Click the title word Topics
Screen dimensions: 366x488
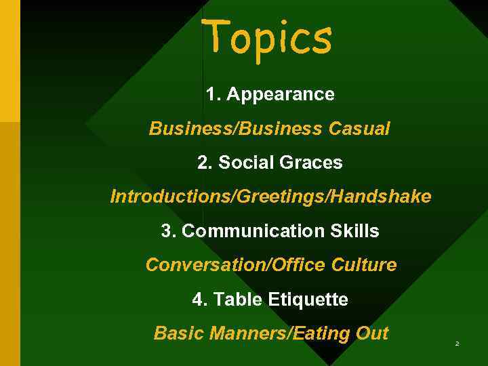(x=269, y=38)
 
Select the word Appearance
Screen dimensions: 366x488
(x=280, y=94)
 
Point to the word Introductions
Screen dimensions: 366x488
(x=170, y=197)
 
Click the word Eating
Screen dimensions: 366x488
(x=325, y=333)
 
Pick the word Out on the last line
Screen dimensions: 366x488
(x=373, y=333)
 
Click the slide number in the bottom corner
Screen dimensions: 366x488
(x=457, y=345)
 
